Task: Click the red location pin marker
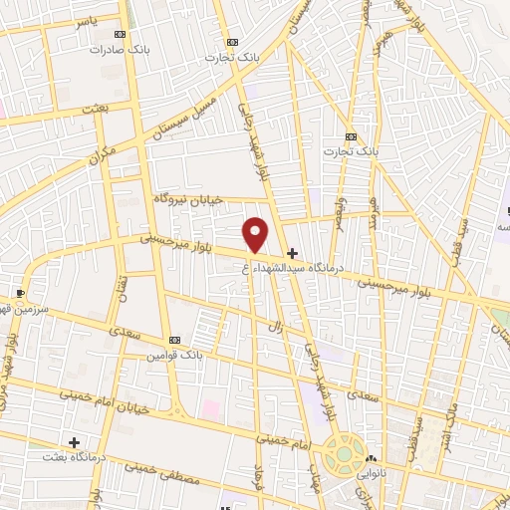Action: [256, 234]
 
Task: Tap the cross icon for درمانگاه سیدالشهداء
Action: [291, 254]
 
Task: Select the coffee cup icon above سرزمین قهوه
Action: [20, 294]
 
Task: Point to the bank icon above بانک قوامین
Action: [174, 340]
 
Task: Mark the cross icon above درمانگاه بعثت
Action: [74, 441]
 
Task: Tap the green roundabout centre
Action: [344, 453]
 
